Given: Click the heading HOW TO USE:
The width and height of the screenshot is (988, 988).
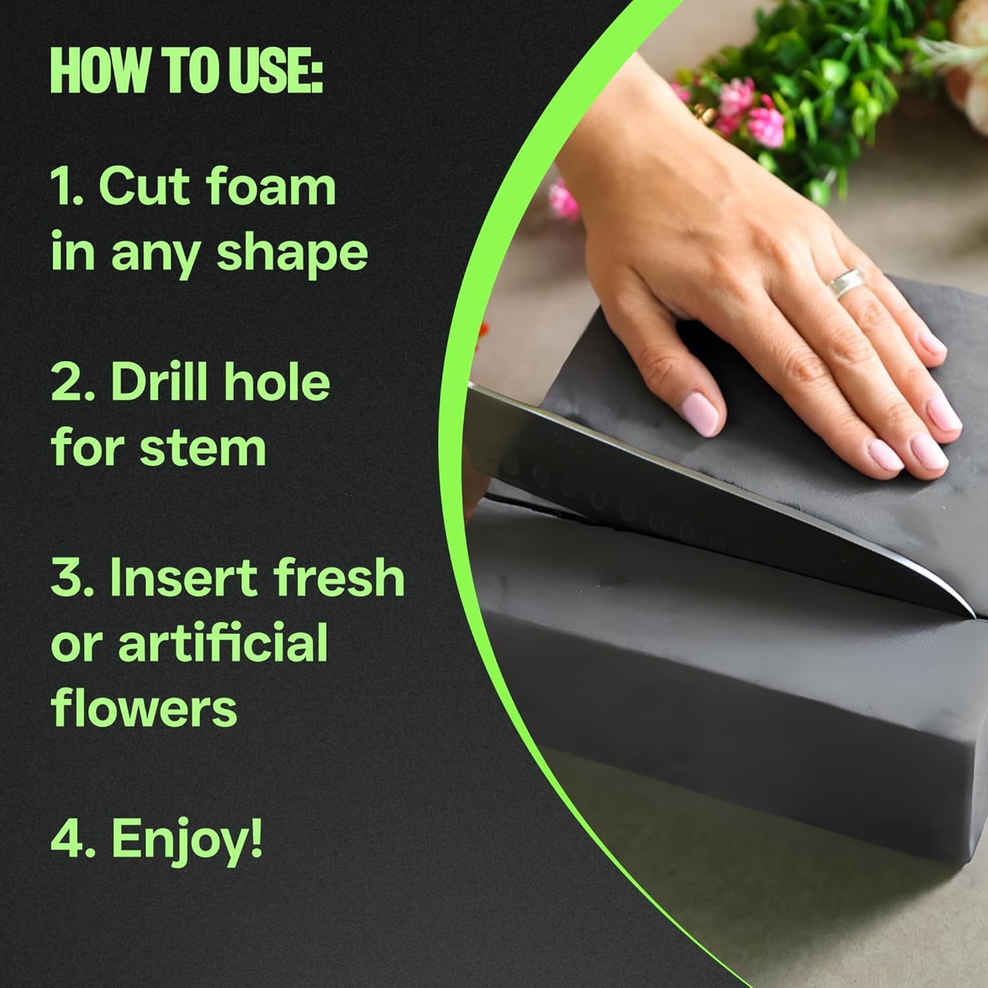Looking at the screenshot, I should click(x=186, y=72).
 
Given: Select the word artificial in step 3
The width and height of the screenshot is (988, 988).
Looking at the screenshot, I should click(x=223, y=643).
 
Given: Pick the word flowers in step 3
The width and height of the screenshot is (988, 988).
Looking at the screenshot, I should click(x=144, y=708).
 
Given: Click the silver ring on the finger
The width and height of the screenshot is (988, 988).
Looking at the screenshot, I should click(x=847, y=282).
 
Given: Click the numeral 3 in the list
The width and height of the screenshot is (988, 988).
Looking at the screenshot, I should click(x=67, y=578).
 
